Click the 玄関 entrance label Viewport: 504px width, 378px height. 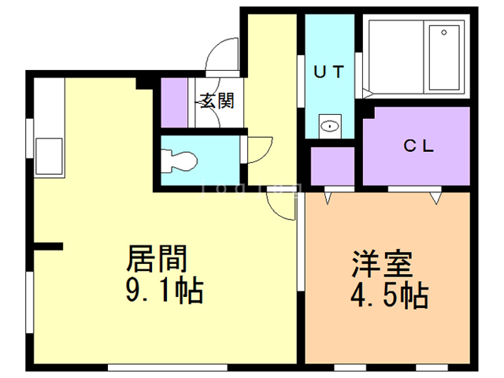[x=217, y=101]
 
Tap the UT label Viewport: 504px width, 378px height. [x=329, y=72]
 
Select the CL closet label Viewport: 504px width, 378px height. [x=418, y=146]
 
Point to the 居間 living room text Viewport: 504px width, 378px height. [x=157, y=259]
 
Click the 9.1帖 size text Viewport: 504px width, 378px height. [x=165, y=290]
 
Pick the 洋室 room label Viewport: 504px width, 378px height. [x=382, y=264]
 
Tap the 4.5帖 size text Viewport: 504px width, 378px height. [x=390, y=295]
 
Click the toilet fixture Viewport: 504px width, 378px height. [x=179, y=161]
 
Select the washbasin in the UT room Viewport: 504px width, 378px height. [x=330, y=126]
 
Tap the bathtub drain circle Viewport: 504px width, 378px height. [x=444, y=32]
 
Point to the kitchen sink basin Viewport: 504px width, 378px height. [x=49, y=156]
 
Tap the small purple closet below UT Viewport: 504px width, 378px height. [x=332, y=166]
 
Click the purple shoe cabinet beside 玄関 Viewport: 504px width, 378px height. [x=174, y=102]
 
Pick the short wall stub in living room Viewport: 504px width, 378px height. [x=48, y=246]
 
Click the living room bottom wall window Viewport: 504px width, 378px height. [x=168, y=368]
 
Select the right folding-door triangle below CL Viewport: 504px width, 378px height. [x=435, y=198]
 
